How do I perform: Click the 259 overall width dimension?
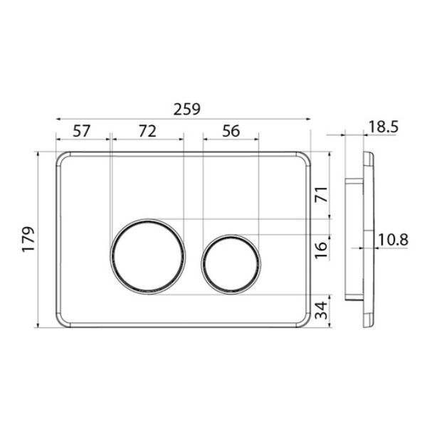pyautogui.click(x=186, y=109)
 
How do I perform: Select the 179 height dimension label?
pyautogui.click(x=28, y=239)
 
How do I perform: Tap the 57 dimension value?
pyautogui.click(x=81, y=131)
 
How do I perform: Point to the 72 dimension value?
pyautogui.click(x=147, y=131)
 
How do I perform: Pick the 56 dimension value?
pyautogui.click(x=231, y=131)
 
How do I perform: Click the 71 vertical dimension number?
pyautogui.click(x=321, y=194)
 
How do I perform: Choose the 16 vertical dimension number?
pyautogui.click(x=321, y=251)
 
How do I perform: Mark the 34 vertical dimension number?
pyautogui.click(x=321, y=310)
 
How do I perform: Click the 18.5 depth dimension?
pyautogui.click(x=384, y=127)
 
